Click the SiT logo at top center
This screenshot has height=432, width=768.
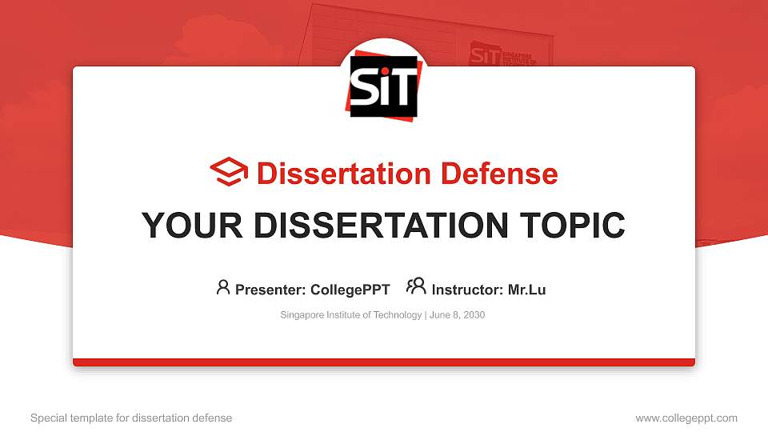click(x=383, y=86)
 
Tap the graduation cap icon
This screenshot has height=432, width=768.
click(x=229, y=173)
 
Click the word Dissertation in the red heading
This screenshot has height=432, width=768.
click(x=332, y=174)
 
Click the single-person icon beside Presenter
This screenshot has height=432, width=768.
click(x=223, y=287)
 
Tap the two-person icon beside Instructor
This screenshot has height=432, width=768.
click(x=416, y=287)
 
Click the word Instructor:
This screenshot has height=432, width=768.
click(x=467, y=290)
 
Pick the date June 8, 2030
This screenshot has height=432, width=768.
click(x=457, y=315)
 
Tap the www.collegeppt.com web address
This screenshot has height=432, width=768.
click(x=686, y=418)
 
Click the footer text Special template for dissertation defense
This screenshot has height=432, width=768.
click(x=131, y=418)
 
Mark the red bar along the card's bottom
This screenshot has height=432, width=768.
click(x=383, y=362)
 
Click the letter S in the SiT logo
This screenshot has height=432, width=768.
click(x=364, y=88)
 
